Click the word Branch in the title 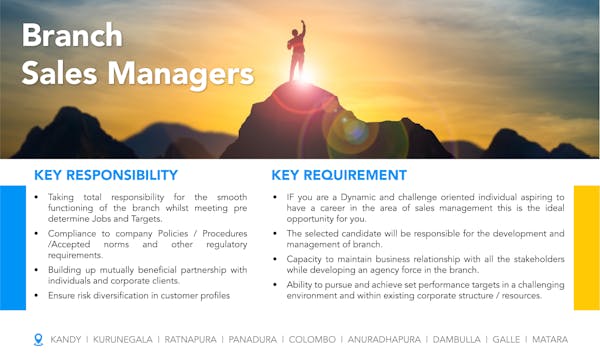(x=72, y=36)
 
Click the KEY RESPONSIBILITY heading (x=106, y=175)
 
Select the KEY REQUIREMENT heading (x=339, y=175)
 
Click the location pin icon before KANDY (x=38, y=339)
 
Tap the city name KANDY (x=66, y=340)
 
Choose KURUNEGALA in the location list (x=123, y=340)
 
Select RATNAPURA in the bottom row (x=195, y=340)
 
